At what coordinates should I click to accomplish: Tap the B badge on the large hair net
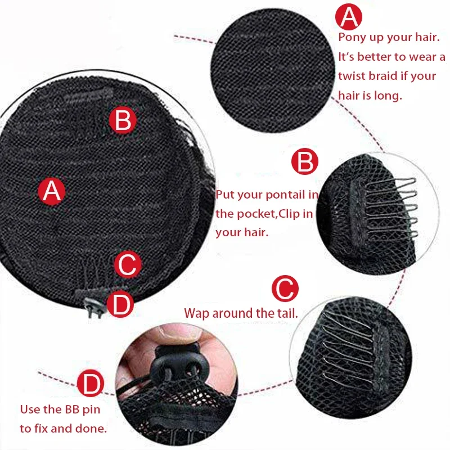pos(123,120)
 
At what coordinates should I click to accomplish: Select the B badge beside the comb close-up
pos(305,163)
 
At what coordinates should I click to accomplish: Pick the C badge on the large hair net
pos(127,264)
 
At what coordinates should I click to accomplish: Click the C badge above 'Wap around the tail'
pos(285,290)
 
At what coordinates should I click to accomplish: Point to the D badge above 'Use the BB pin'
pos(90,385)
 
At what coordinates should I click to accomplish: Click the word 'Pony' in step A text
pos(353,37)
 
